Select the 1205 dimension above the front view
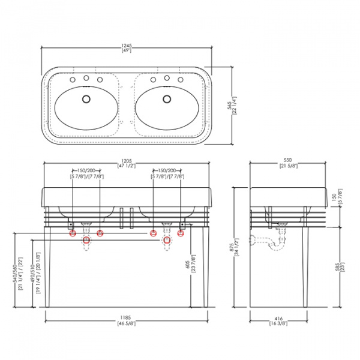pos(127,161)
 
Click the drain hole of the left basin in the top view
pos(86,98)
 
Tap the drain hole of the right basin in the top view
pos(166,98)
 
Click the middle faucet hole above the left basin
pos(86,78)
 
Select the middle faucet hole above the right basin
pos(166,78)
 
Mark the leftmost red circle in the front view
pos(73,233)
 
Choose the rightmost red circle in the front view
pos(181,233)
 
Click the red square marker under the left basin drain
pos(86,241)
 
